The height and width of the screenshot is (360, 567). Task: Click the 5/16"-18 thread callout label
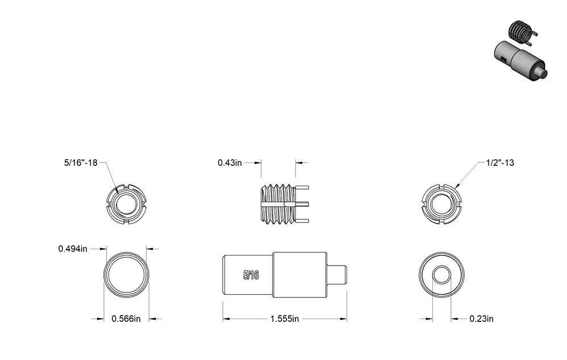pyautogui.click(x=81, y=162)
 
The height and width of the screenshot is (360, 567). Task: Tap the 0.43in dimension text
pyautogui.click(x=230, y=162)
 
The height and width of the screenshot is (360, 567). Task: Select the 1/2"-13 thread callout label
pyautogui.click(x=500, y=162)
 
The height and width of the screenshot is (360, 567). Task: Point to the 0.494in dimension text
pyautogui.click(x=73, y=249)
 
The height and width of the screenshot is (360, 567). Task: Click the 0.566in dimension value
pyautogui.click(x=126, y=319)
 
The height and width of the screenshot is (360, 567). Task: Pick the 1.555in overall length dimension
pyautogui.click(x=285, y=319)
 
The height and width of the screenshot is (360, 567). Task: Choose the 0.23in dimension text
pyautogui.click(x=481, y=319)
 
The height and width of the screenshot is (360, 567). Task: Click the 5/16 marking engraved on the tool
pyautogui.click(x=251, y=275)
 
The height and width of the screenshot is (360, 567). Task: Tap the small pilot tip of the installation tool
pyautogui.click(x=337, y=275)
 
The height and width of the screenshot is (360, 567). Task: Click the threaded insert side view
pyautogui.click(x=285, y=204)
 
